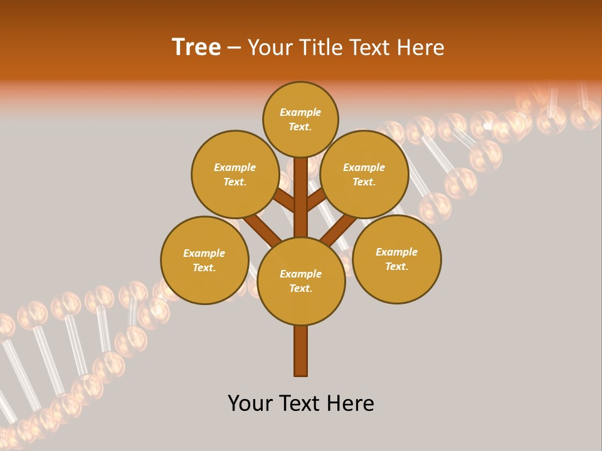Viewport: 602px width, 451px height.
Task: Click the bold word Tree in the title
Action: [196, 48]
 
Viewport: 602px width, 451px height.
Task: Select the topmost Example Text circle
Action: [300, 119]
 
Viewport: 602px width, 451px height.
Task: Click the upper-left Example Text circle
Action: [235, 174]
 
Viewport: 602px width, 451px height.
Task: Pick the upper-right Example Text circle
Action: [364, 174]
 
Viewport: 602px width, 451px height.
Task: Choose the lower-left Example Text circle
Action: [204, 260]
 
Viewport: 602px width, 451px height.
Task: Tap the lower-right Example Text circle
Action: [396, 259]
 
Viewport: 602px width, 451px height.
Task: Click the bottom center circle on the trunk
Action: [301, 281]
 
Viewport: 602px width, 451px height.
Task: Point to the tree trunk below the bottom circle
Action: [301, 351]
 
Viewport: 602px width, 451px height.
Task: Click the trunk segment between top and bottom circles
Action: [301, 197]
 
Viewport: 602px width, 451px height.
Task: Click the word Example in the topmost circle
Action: [300, 113]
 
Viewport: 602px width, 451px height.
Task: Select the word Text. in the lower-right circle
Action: [396, 266]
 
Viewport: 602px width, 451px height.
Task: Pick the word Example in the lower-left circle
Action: [204, 253]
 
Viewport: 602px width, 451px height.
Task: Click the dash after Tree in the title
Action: [234, 48]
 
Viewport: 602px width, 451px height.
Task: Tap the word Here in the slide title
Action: [421, 48]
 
